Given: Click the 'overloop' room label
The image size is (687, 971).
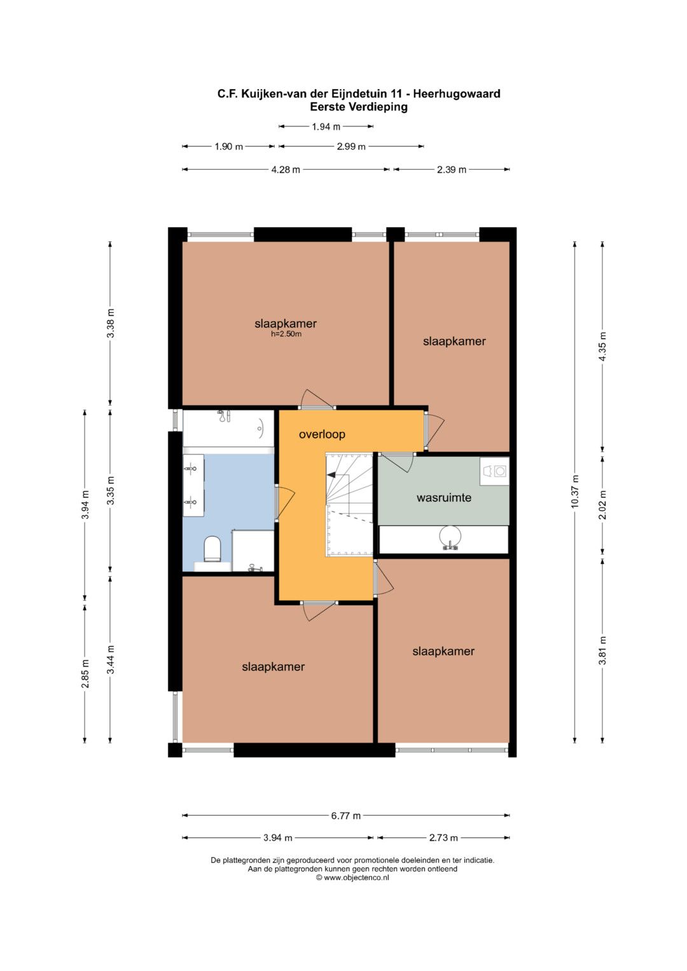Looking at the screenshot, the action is [322, 434].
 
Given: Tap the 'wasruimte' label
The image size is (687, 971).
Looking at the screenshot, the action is [444, 498].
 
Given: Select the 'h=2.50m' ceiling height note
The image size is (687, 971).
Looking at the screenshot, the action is [286, 334].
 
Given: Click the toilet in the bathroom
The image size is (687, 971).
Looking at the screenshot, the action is [212, 548].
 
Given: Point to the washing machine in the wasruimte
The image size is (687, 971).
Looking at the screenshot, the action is [494, 471].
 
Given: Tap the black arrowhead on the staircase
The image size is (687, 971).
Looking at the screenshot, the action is [331, 475].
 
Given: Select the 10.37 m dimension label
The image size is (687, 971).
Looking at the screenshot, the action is [574, 492].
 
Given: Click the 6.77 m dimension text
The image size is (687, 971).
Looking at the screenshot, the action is [345, 816].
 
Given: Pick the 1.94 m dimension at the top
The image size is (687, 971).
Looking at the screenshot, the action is [326, 127].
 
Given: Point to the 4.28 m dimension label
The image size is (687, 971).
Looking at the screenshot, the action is [286, 170].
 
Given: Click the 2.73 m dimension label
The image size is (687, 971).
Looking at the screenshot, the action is [443, 838].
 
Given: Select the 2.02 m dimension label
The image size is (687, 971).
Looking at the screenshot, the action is [602, 504].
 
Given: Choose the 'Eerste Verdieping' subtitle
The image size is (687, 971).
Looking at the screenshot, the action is [359, 107].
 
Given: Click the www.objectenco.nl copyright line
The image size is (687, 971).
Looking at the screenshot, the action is [352, 878].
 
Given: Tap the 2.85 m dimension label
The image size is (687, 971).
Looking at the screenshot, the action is [85, 673].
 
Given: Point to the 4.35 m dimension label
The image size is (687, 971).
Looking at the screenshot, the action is [602, 346].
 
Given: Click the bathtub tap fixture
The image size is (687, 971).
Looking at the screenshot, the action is [224, 416].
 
